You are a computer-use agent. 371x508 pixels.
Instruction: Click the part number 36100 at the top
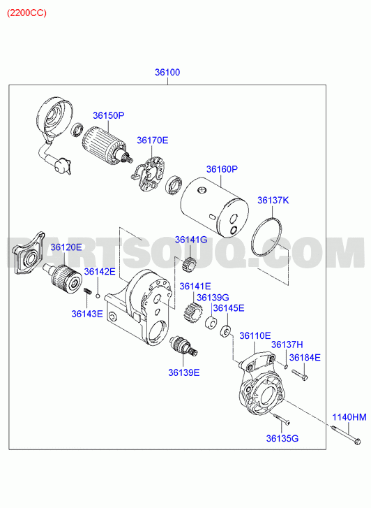[x=167, y=72]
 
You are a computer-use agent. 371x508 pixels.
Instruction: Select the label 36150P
[x=109, y=115]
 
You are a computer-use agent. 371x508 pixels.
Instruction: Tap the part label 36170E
[x=152, y=140]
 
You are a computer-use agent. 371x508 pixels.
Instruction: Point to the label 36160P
[x=222, y=169]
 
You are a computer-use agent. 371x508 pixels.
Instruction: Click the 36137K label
[x=273, y=201]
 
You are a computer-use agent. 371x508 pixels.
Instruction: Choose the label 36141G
[x=191, y=240]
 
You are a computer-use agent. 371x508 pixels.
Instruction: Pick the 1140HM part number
[x=349, y=417]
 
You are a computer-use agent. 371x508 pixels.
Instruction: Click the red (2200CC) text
[x=26, y=13]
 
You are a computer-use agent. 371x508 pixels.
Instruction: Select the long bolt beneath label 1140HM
[x=345, y=435]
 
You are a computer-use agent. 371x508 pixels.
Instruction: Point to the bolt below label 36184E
[x=300, y=375]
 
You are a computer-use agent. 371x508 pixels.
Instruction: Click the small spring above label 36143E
[x=87, y=291]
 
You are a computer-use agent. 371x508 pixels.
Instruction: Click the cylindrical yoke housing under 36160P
[x=215, y=205]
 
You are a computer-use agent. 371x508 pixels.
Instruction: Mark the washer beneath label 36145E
[x=225, y=331]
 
